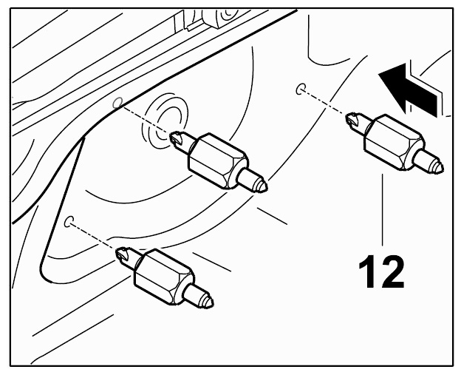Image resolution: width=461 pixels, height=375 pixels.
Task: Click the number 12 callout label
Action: tap(381, 271)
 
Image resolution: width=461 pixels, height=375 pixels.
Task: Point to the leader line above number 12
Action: tap(383, 209)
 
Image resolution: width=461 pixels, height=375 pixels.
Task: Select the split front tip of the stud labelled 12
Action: tap(352, 120)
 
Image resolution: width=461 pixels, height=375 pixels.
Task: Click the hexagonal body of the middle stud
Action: tap(218, 161)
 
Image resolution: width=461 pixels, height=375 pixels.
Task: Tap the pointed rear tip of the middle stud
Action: tap(263, 186)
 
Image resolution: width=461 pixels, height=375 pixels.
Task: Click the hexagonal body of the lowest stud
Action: tap(164, 276)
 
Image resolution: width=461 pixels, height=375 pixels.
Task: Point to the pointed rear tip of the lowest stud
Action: tap(210, 302)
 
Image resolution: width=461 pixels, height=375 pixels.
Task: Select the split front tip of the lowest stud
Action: tap(123, 255)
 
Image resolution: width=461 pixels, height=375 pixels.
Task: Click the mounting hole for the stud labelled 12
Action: tap(300, 89)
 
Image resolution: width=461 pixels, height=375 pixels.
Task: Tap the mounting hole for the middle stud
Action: tap(117, 103)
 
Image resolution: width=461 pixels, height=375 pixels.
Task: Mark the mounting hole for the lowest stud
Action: tap(69, 222)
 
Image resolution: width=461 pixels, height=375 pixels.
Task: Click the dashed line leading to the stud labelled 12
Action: tap(324, 102)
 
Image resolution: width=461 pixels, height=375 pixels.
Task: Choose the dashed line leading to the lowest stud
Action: tap(93, 235)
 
